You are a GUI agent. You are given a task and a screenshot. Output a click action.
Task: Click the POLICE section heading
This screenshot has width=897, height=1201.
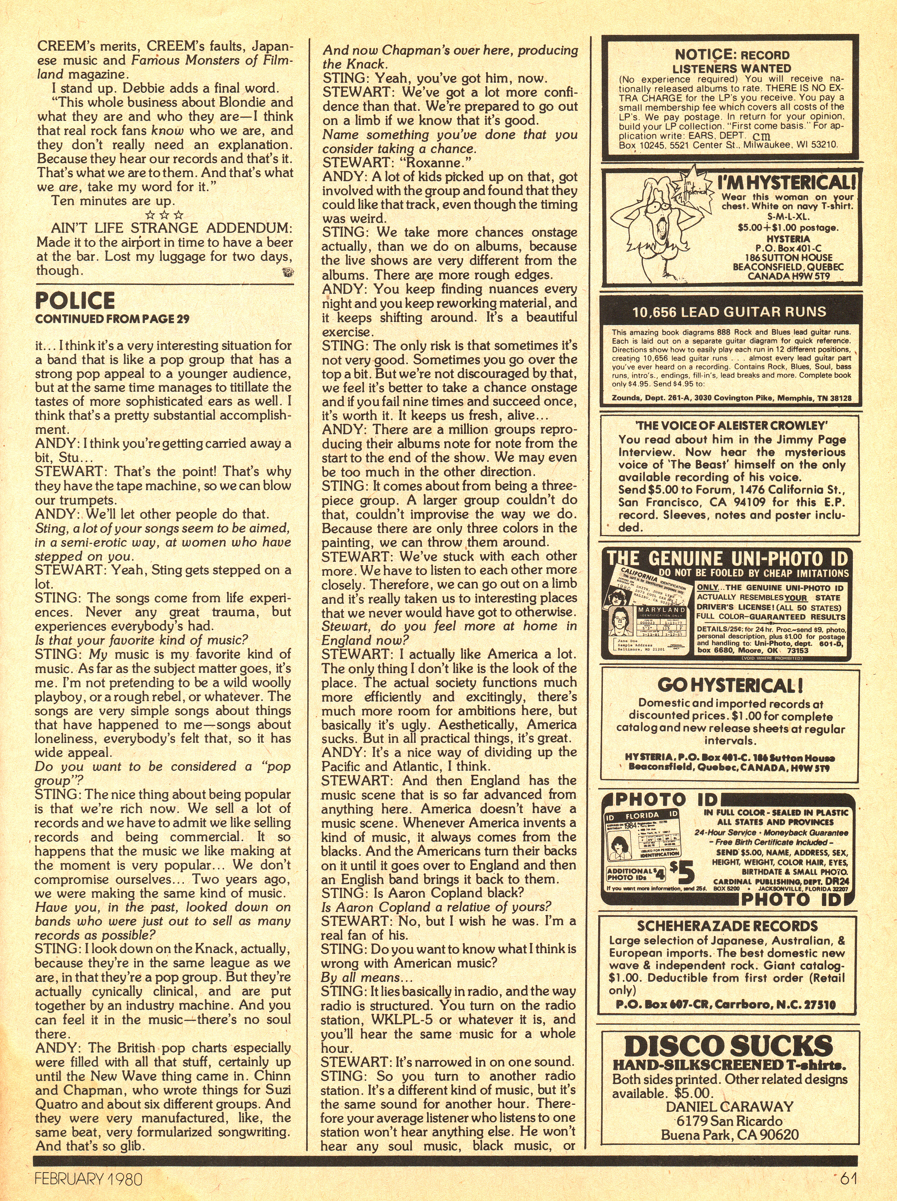[75, 300]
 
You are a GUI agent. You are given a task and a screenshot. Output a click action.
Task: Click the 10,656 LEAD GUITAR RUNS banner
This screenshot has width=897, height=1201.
[729, 311]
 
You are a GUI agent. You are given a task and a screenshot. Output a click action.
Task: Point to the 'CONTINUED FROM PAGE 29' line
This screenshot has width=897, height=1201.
[112, 319]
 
